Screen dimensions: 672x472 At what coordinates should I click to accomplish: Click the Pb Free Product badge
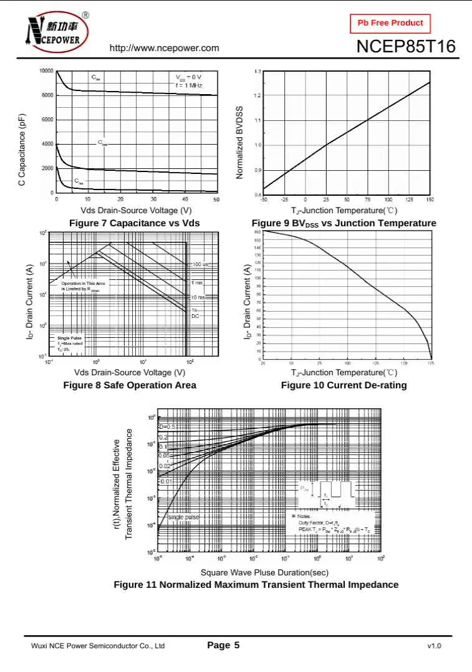pyautogui.click(x=390, y=23)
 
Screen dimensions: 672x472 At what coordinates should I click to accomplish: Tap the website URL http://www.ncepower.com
pyautogui.click(x=165, y=48)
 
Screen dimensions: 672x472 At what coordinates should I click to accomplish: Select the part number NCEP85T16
pyautogui.click(x=406, y=47)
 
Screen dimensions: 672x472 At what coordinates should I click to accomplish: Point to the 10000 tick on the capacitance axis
pyautogui.click(x=46, y=71)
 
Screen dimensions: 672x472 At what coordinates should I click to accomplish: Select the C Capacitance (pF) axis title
pyautogui.click(x=22, y=150)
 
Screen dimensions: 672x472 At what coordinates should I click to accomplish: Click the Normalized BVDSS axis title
pyautogui.click(x=239, y=143)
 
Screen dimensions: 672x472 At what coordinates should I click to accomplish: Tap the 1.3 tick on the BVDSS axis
pyautogui.click(x=258, y=72)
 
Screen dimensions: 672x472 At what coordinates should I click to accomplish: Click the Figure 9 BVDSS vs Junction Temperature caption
pyautogui.click(x=344, y=223)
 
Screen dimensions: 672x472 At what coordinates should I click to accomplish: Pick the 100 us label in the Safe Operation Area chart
pyautogui.click(x=200, y=265)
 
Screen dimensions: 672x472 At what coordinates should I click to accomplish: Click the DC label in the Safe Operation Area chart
pyautogui.click(x=195, y=316)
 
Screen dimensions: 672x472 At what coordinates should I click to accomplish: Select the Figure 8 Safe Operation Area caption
pyautogui.click(x=130, y=385)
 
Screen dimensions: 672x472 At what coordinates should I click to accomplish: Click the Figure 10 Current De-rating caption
pyautogui.click(x=344, y=385)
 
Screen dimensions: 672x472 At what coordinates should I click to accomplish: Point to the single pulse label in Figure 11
pyautogui.click(x=183, y=517)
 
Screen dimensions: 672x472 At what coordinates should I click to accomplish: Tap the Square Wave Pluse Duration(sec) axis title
pyautogui.click(x=264, y=572)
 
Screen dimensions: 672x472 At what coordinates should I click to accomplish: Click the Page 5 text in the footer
pyautogui.click(x=223, y=645)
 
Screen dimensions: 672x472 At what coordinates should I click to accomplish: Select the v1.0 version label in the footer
pyautogui.click(x=434, y=646)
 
